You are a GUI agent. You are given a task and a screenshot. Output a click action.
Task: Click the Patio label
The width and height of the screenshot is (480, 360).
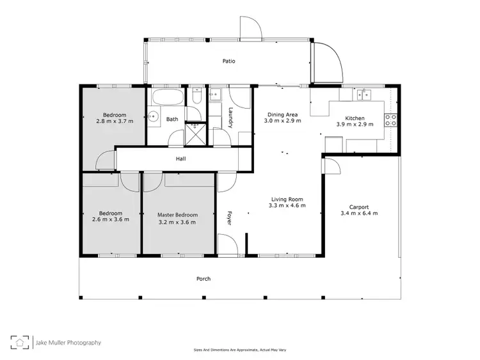(228, 61)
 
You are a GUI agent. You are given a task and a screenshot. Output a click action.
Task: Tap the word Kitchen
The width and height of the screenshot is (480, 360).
(355, 119)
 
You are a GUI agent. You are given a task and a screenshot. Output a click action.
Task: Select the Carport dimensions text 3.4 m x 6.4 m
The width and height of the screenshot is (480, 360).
(358, 213)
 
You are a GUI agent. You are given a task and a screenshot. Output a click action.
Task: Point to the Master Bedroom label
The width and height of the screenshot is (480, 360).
(177, 215)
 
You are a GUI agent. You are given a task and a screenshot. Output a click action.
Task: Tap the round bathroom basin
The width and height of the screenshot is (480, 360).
(154, 116)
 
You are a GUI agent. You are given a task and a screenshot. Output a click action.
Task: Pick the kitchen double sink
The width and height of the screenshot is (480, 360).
(364, 96)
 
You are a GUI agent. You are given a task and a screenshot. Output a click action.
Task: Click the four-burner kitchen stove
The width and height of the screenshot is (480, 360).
(390, 118)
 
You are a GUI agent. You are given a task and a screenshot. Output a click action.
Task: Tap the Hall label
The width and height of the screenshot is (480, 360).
(181, 159)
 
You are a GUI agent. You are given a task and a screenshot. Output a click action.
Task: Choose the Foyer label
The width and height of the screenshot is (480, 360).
(228, 218)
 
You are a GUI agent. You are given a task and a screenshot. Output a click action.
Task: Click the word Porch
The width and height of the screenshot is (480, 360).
(204, 279)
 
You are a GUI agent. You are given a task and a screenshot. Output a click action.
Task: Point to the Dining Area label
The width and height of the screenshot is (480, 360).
(283, 114)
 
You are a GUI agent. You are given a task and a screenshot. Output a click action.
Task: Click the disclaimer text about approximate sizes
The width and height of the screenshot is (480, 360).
(241, 350)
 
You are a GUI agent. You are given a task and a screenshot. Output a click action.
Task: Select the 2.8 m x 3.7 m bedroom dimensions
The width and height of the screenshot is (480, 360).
(115, 121)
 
